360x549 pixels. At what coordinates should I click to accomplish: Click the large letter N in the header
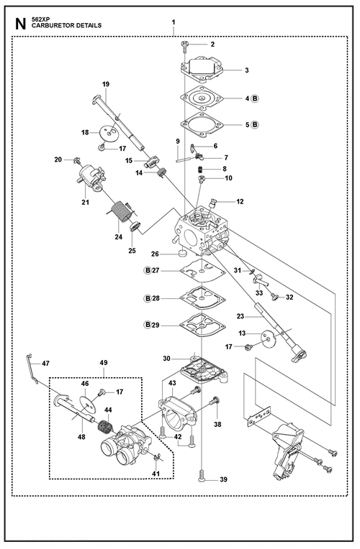(21, 24)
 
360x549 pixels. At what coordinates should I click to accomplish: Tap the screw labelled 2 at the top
(184, 45)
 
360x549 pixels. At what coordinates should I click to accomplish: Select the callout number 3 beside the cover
(247, 70)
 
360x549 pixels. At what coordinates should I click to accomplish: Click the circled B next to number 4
(255, 98)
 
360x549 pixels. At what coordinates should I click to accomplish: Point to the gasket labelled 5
(202, 124)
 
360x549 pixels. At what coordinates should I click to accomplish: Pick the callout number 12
(240, 202)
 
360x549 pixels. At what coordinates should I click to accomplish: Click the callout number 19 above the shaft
(106, 84)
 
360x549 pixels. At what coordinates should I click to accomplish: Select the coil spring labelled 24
(120, 211)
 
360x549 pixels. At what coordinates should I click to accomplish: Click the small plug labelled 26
(182, 253)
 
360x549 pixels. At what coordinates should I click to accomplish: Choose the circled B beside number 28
(148, 298)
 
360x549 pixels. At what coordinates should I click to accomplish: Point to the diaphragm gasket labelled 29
(202, 326)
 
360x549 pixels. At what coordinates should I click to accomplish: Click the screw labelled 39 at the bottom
(201, 476)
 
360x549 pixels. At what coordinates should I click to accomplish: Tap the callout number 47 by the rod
(45, 364)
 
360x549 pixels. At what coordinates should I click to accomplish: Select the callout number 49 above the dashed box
(104, 363)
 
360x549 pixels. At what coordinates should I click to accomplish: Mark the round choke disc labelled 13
(269, 338)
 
